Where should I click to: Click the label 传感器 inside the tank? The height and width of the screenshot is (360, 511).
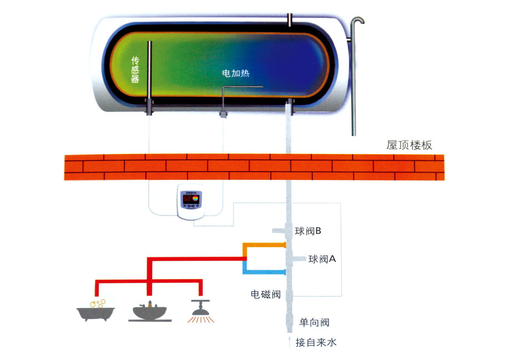[x=134, y=69]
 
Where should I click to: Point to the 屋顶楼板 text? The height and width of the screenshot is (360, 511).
[x=409, y=146]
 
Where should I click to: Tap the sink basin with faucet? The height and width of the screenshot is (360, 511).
[x=149, y=312]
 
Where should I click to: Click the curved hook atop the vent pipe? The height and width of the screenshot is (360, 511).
[x=358, y=22]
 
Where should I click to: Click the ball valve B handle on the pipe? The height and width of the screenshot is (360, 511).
[x=277, y=230]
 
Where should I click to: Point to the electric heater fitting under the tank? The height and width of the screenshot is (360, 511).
[x=223, y=114]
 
